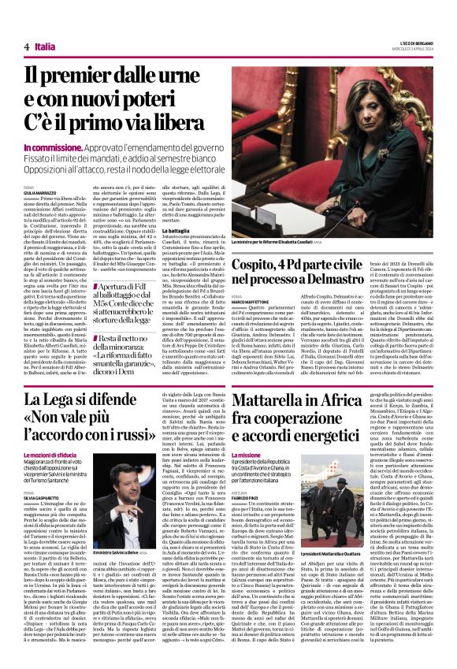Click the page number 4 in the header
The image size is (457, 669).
[26, 47]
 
